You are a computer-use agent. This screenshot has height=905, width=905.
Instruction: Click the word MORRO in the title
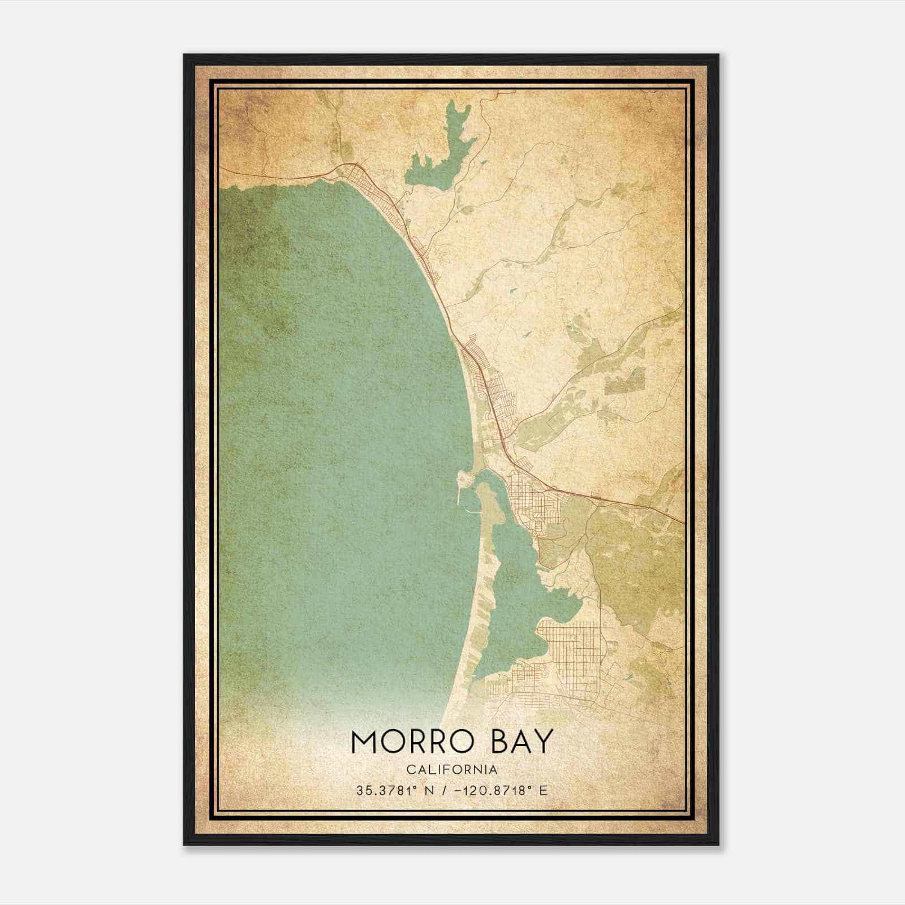click(411, 742)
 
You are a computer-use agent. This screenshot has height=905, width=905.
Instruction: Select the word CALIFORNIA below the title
click(452, 770)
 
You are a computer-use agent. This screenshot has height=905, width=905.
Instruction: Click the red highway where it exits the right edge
click(682, 520)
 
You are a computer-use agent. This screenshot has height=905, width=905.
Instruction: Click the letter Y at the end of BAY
click(542, 742)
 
